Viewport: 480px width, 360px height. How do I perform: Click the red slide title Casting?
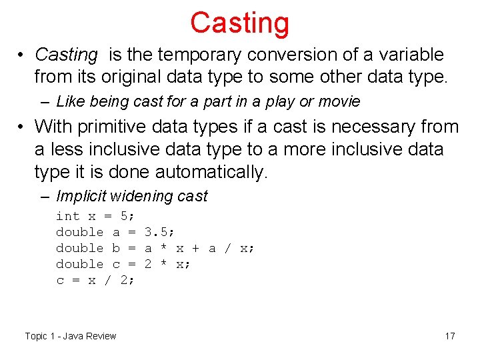click(x=239, y=22)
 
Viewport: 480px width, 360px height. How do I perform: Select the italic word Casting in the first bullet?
click(x=66, y=55)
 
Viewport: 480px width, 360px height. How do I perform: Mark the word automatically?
click(x=211, y=172)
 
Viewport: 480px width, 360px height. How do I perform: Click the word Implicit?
click(x=82, y=196)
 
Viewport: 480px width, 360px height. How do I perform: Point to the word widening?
click(x=142, y=196)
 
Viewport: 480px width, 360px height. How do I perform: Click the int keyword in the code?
click(x=67, y=216)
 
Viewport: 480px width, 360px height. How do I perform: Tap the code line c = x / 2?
click(x=95, y=280)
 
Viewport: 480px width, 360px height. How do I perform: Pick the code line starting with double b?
click(x=155, y=248)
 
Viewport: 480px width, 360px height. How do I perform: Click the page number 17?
click(x=450, y=335)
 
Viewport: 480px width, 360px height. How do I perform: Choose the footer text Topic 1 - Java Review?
click(x=71, y=335)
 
